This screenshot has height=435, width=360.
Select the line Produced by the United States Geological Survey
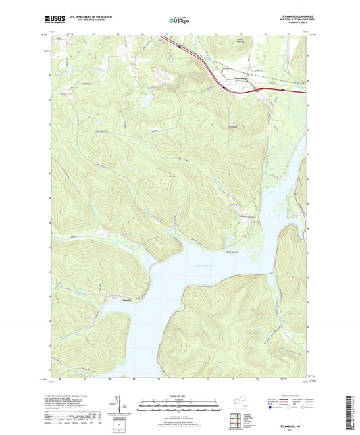click(x=74, y=396)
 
